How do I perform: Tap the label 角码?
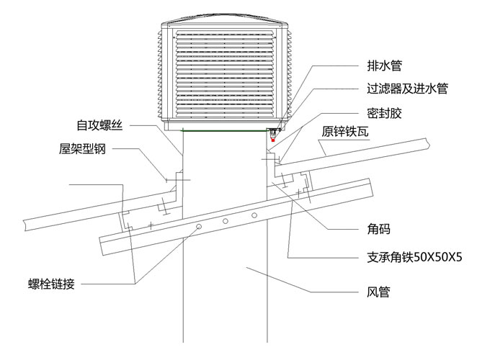[377, 230]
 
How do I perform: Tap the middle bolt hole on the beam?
[226, 221]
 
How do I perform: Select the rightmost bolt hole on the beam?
[254, 215]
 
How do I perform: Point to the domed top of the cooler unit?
[226, 17]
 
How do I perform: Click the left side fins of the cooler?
[161, 72]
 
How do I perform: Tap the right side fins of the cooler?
[290, 72]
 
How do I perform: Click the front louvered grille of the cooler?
[226, 72]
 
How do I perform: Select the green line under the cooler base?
[223, 130]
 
